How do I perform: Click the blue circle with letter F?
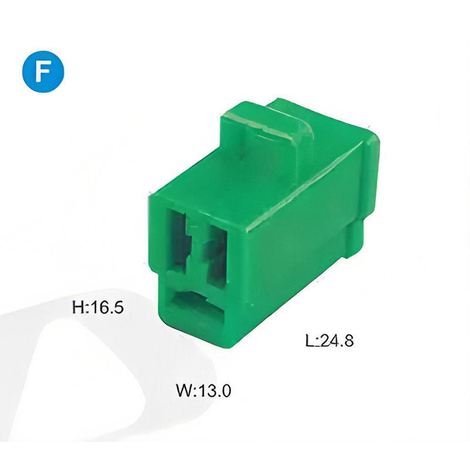coord(43,71)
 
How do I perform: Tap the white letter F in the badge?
coord(42,72)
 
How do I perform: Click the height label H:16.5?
coord(98,307)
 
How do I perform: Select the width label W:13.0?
coord(203,390)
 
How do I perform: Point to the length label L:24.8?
coord(330,340)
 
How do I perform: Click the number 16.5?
coord(107,307)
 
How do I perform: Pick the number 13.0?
coord(214,390)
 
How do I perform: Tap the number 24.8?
coord(337,340)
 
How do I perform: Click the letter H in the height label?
coord(78,307)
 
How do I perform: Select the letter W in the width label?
coord(184,390)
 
